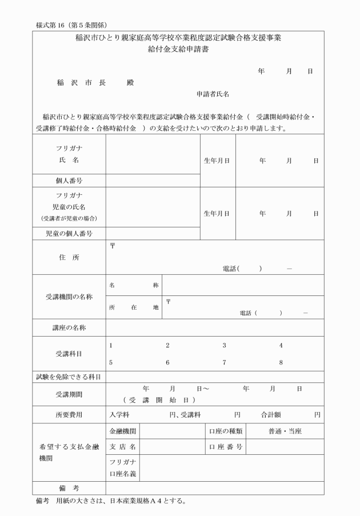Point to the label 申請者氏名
coord(213,94)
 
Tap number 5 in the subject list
coord(111,362)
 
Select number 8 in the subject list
coord(281,362)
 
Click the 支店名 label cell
coord(122,446)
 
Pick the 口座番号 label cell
coord(226,446)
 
